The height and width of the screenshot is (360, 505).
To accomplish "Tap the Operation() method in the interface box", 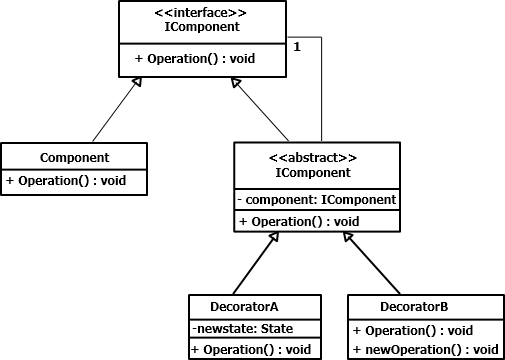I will [194, 59].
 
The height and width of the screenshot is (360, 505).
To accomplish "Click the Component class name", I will [74, 157].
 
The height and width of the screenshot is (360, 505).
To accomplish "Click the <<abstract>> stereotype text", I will [317, 157].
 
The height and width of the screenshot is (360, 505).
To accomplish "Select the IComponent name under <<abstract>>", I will [317, 172].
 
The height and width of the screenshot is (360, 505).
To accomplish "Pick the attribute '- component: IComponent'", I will [317, 200].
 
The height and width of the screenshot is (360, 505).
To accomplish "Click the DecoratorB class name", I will [425, 307].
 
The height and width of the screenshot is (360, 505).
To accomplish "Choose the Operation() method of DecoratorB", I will [411, 328].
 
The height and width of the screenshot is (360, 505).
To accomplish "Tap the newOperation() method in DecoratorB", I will [425, 348].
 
